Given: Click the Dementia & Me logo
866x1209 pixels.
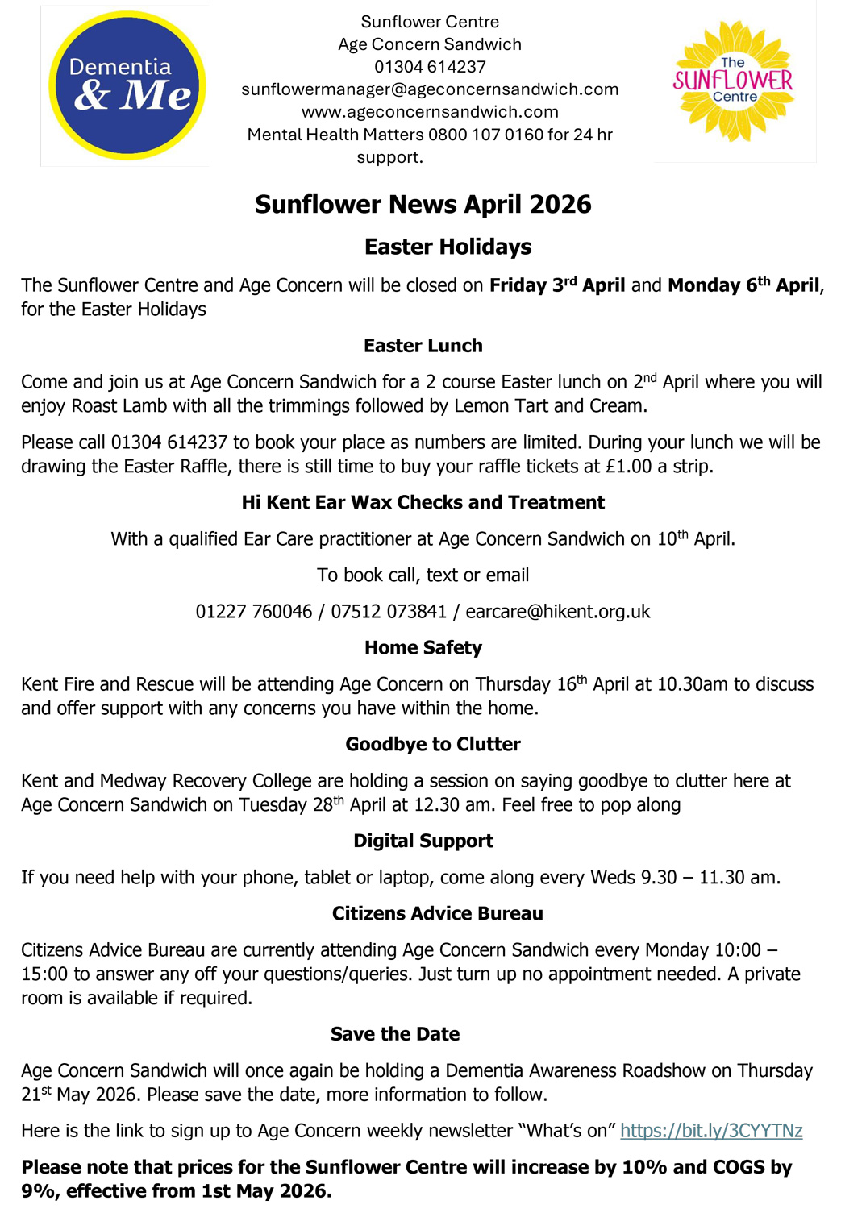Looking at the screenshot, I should tap(127, 85).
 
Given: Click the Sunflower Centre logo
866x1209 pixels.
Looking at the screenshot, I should tap(733, 81).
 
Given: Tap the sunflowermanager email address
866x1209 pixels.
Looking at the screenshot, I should tap(430, 89).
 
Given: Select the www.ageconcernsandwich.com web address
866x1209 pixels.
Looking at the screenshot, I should tap(430, 112).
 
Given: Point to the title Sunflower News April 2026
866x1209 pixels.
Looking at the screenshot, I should tap(423, 205).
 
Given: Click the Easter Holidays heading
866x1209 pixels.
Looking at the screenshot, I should tap(448, 247).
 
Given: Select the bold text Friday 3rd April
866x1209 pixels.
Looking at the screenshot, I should tap(557, 285).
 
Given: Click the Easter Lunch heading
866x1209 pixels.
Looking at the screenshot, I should tap(423, 346).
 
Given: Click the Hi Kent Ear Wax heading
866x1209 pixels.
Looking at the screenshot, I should tap(423, 503).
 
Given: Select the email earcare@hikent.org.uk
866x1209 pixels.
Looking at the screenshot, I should tap(558, 612).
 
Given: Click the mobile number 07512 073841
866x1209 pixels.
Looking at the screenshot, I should tap(389, 612).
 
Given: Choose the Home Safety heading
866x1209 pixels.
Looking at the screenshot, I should tap(423, 648).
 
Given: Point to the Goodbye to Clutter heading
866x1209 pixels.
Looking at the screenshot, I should tap(433, 745).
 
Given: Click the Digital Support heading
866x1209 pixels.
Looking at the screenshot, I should tap(423, 841).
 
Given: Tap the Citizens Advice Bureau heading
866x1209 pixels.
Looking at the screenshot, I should tap(437, 914).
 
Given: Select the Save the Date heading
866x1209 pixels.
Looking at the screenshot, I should tap(395, 1035).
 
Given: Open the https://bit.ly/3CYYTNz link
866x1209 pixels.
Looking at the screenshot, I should tap(711, 1131).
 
